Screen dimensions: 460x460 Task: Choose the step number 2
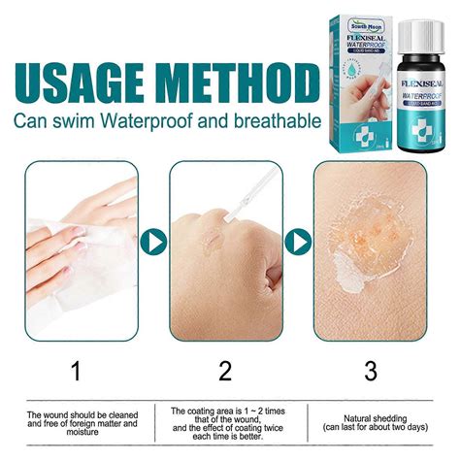point(225,370)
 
